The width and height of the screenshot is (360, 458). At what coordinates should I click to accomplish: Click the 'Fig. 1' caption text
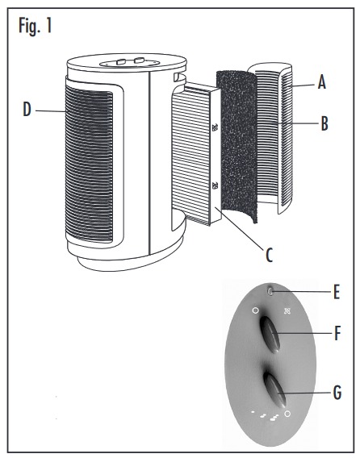36,26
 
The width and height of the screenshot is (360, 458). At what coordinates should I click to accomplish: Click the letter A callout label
322,81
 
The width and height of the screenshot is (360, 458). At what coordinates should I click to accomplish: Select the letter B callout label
324,123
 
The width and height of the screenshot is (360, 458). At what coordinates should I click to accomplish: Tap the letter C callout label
269,255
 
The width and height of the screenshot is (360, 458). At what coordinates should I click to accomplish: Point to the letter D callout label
27,110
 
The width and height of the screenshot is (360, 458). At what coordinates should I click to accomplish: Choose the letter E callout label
337,292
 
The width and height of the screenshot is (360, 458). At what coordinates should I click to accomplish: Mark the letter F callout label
337,333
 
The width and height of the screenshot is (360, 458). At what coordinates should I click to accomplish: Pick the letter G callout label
337,392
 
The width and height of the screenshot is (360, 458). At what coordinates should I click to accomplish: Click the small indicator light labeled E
270,291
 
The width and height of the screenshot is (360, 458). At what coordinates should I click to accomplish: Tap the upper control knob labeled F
270,335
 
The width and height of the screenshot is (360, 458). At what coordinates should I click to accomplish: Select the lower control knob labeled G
274,390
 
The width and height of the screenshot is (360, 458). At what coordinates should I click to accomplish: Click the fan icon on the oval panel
287,310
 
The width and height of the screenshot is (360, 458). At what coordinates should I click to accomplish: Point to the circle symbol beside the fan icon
255,310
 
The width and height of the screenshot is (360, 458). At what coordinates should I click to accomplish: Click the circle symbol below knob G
287,414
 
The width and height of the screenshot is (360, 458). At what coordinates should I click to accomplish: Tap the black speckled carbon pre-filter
237,146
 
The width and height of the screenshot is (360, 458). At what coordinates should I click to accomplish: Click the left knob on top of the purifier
120,61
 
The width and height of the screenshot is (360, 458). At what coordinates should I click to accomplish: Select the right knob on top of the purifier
139,60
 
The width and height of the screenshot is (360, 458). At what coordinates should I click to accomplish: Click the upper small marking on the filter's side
216,127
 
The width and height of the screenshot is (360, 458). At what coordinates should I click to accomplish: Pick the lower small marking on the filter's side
216,185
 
